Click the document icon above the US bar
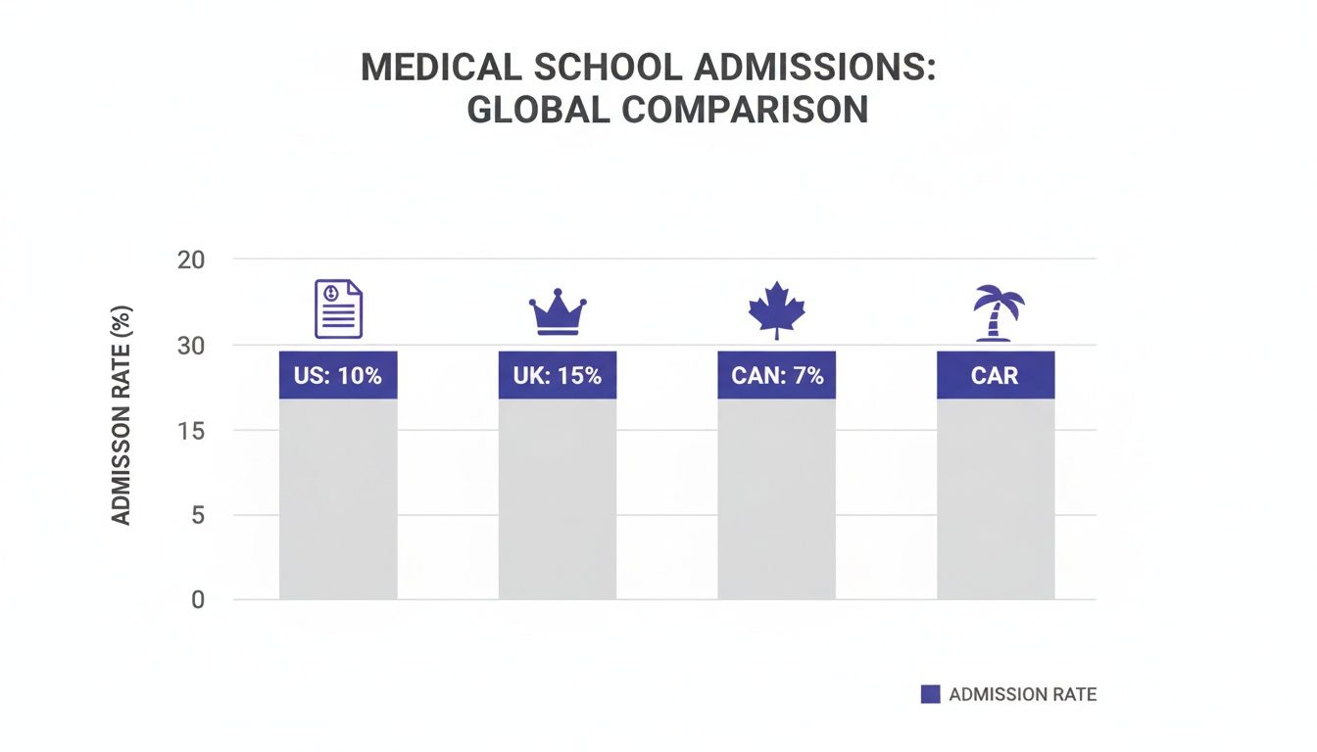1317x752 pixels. coord(338,308)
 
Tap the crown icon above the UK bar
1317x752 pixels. coord(558,312)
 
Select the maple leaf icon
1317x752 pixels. coord(776,309)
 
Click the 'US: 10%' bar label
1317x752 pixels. coord(338,375)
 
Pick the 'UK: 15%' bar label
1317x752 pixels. coord(558,375)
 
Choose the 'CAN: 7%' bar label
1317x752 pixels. coord(777,375)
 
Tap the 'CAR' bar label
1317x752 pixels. coord(996,375)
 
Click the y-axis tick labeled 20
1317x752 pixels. coord(191,259)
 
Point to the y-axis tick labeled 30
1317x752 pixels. coord(191,345)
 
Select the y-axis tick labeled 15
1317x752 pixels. coord(191,430)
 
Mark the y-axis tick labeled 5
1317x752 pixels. coord(197,515)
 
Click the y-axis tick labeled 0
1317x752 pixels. coord(197,599)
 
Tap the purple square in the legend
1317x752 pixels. coord(930,694)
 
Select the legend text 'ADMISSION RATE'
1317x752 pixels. coord(1023,694)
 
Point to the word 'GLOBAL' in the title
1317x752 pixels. coord(537,110)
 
